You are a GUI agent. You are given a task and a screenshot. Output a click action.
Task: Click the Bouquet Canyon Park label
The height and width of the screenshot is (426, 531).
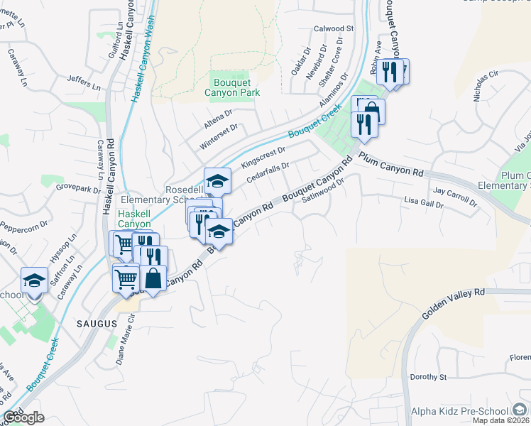(232, 87)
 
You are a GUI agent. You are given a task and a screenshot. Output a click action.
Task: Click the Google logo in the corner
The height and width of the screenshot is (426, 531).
(23, 417)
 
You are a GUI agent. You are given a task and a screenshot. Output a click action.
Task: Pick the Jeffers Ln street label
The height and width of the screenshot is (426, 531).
(84, 82)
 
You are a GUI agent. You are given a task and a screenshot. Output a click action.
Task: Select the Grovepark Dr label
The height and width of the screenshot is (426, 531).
(79, 190)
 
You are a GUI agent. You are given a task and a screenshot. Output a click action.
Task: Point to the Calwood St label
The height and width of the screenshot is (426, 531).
(334, 29)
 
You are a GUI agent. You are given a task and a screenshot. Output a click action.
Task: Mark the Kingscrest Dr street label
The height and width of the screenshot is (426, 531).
(263, 158)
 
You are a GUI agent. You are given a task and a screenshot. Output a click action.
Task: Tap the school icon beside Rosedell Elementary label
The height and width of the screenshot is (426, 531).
(218, 180)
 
